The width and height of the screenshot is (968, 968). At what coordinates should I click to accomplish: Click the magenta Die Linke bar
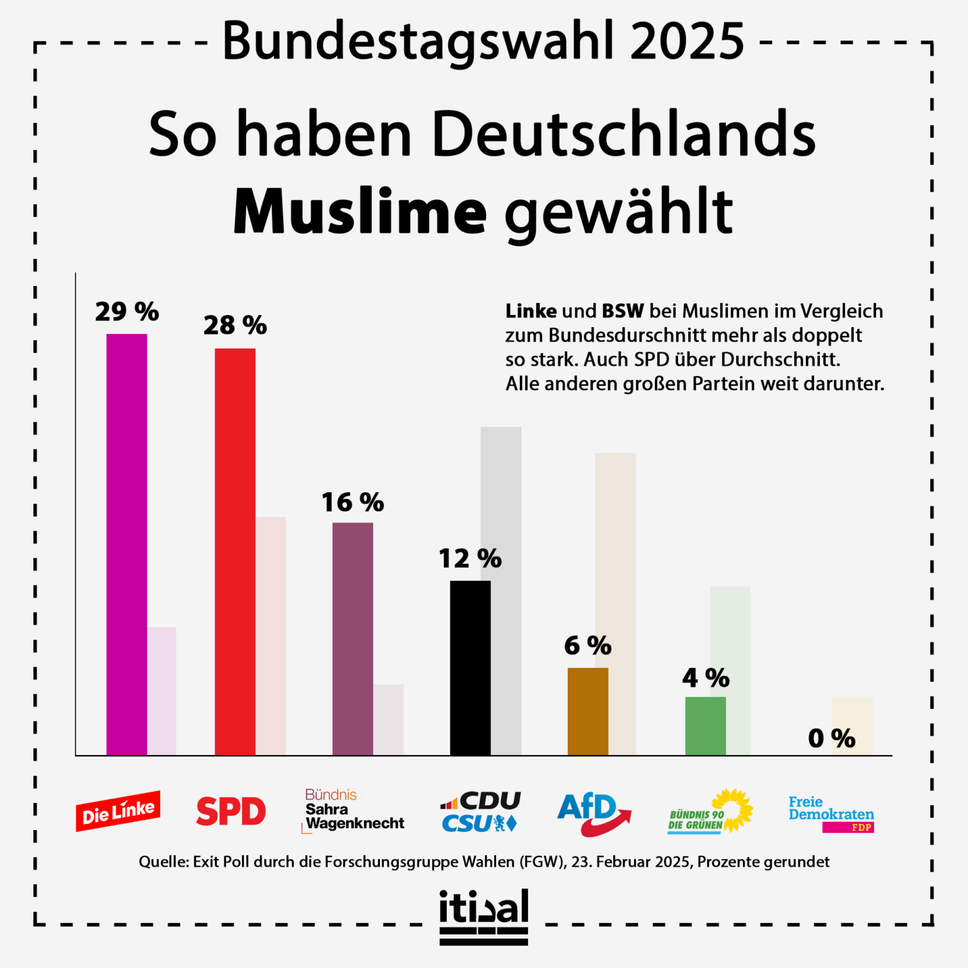click(127, 544)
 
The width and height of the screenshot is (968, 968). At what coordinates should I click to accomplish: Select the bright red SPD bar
click(235, 551)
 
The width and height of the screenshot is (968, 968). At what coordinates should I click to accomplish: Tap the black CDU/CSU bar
click(470, 668)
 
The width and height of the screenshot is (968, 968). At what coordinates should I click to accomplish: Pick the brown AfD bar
click(588, 712)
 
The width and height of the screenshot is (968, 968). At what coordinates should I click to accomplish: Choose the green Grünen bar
click(705, 726)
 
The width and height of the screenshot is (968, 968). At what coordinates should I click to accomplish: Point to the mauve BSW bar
click(353, 639)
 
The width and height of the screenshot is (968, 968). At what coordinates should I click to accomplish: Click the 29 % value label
click(127, 312)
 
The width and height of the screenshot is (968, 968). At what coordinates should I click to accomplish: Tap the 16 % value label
click(353, 503)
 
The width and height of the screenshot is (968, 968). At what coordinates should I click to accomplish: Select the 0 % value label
click(832, 739)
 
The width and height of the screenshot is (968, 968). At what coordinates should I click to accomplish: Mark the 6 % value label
click(588, 646)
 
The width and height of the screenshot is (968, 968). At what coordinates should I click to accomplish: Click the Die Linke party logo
click(118, 811)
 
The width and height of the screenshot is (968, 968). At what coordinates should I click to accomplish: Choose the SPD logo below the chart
click(231, 811)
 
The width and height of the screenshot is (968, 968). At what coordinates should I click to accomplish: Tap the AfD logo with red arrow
click(594, 814)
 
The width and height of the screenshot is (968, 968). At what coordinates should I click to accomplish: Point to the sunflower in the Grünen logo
click(732, 810)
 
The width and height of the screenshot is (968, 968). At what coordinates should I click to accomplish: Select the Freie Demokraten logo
click(831, 814)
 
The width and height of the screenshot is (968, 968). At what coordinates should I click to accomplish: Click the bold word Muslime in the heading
click(360, 211)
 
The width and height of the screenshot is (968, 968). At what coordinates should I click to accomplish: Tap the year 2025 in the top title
click(688, 41)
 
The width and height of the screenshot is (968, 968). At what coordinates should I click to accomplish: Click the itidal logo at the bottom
click(484, 917)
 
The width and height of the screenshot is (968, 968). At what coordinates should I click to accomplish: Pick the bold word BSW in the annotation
click(623, 311)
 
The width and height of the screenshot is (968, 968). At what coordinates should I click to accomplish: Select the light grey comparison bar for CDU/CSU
click(501, 591)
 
